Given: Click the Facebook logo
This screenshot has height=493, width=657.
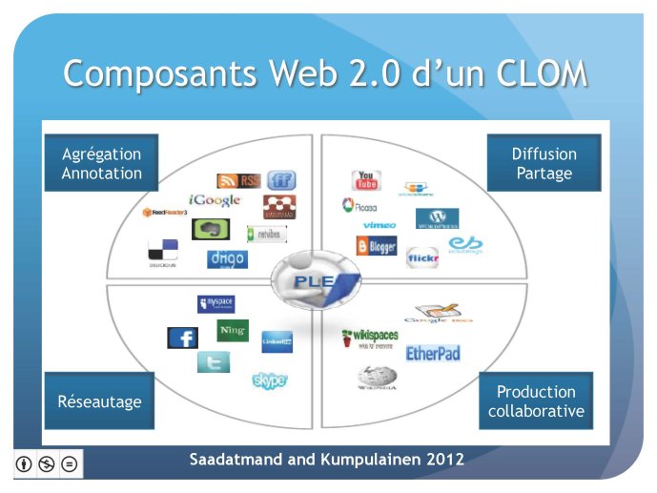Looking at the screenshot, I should [182, 339].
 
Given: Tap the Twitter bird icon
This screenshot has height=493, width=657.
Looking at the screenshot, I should [213, 362].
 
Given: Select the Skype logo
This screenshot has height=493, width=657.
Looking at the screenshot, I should [270, 380].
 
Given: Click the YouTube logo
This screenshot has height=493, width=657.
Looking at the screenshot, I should [366, 180].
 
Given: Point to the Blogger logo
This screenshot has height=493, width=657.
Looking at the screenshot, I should [377, 246].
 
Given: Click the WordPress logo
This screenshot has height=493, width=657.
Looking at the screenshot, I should [437, 218].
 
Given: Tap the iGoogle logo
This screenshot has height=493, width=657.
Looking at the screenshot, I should [215, 200].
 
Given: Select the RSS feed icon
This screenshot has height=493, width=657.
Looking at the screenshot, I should [237, 180].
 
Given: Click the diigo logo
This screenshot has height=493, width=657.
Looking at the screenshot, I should [227, 258].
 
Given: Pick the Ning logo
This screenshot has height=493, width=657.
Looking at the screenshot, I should [233, 331].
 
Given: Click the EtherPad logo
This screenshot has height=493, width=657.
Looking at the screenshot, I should [433, 354].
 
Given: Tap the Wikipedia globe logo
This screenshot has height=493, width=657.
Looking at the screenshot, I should [378, 380].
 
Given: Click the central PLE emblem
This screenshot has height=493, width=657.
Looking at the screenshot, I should [316, 280].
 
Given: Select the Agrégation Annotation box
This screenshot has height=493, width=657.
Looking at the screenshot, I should [101, 163].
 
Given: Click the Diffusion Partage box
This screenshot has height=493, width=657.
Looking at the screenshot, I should [544, 163].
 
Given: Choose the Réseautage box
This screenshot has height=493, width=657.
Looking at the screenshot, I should [99, 401].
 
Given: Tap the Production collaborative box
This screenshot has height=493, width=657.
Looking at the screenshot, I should [536, 401].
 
